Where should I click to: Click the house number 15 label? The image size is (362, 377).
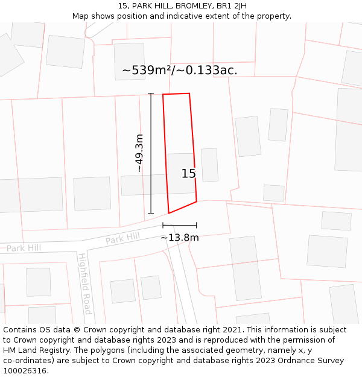(x=188, y=174)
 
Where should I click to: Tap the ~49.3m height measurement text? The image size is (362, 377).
(x=139, y=153)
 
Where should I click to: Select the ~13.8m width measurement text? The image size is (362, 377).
(x=179, y=238)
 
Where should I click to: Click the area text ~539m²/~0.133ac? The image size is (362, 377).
(x=179, y=71)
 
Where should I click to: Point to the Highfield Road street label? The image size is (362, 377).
(x=84, y=284)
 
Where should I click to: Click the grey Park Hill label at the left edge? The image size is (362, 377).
(x=24, y=248)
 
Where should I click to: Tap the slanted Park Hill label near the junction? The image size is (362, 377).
(x=122, y=238)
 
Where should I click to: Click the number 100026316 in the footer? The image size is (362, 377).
(x=24, y=371)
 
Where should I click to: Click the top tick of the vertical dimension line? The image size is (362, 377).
(x=151, y=93)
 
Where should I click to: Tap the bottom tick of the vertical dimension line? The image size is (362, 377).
(x=151, y=213)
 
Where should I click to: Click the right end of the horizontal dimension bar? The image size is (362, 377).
(x=197, y=225)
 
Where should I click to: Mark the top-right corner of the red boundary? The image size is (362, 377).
(x=189, y=93)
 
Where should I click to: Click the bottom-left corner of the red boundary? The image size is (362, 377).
(x=169, y=213)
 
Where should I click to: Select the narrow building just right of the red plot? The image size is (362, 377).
(x=209, y=165)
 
